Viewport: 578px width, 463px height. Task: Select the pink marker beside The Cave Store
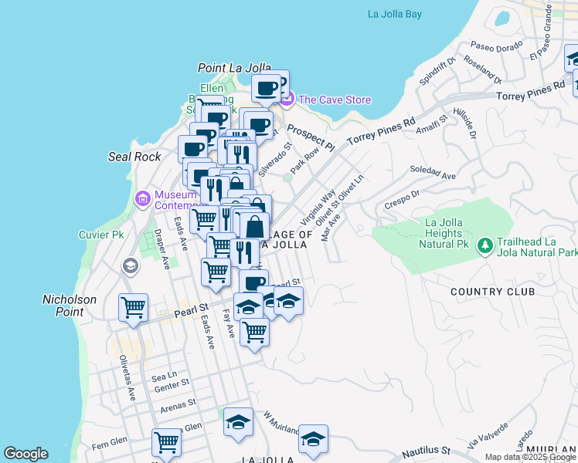(287, 99)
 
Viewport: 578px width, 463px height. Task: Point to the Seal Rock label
(134, 157)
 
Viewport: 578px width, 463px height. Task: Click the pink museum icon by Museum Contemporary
(142, 198)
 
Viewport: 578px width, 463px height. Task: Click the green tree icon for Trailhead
(484, 245)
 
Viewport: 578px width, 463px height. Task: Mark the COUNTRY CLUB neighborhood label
(492, 292)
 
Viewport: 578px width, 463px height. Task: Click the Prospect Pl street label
(309, 137)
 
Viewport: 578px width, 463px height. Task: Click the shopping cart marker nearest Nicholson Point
(133, 307)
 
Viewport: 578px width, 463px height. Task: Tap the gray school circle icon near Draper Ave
(131, 266)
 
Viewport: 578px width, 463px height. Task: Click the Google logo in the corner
(25, 454)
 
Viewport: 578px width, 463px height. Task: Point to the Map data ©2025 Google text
(530, 457)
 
